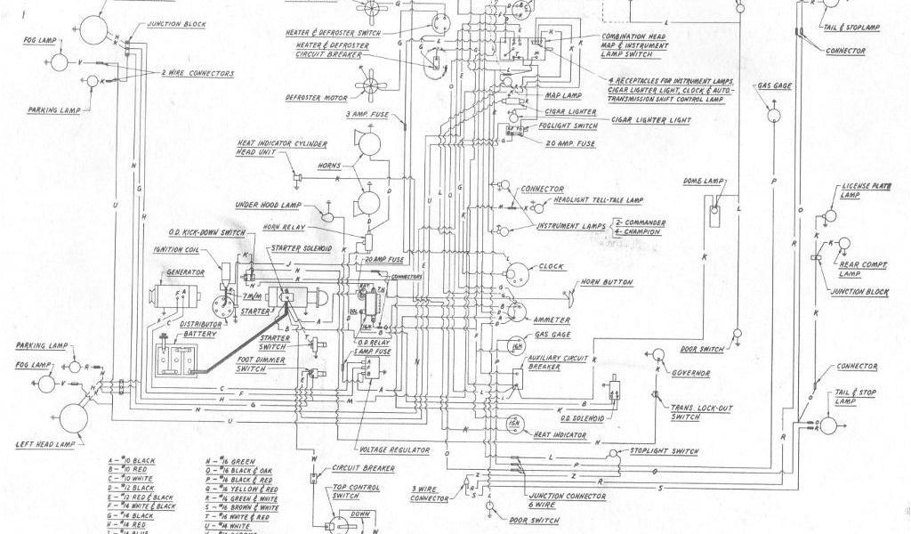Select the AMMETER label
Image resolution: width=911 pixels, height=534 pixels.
coord(552,319)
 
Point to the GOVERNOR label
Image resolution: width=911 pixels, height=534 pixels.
coord(691,373)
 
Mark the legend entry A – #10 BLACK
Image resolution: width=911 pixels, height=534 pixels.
coord(132,461)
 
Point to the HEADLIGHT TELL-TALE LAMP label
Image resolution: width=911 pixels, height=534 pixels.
coord(598,199)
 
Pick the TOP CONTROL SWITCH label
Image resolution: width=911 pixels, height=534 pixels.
coord(357,492)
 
